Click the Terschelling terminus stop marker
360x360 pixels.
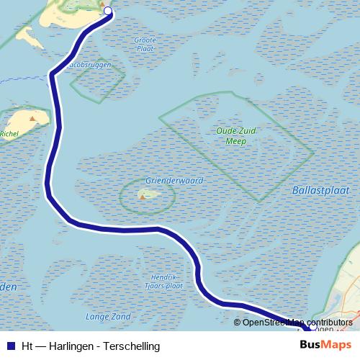[108, 11]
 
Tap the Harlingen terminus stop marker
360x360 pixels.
[312, 328]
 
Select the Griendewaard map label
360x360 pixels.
[174, 181]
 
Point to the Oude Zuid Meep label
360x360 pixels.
[231, 136]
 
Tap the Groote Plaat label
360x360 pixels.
[144, 44]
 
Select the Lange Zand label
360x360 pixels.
[108, 316]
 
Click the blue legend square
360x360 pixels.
[10, 346]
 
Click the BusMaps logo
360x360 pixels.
[325, 346]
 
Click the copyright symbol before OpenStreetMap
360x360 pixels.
[237, 323]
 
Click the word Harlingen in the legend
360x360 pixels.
[71, 346]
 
